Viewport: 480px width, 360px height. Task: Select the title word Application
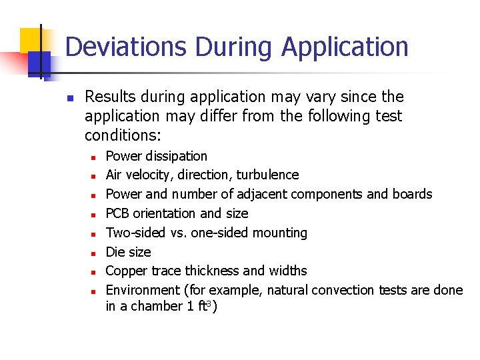tap(345, 47)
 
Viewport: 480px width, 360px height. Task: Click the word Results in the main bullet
tap(111, 97)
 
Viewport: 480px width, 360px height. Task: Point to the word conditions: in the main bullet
tap(123, 135)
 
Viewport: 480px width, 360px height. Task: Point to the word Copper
tap(125, 271)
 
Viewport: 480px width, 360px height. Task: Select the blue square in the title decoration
tap(39, 63)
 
